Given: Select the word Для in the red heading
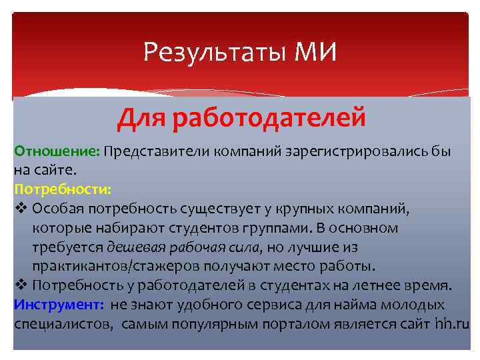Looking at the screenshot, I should click(x=141, y=118).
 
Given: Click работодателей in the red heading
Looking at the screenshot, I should click(x=269, y=118).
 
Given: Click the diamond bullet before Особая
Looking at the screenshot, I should click(x=19, y=209).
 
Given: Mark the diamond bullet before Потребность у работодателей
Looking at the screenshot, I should click(x=19, y=286).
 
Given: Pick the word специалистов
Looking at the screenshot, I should click(x=63, y=324).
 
